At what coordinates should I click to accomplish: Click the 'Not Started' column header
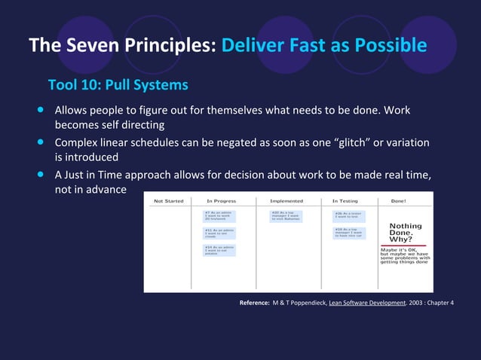(x=168, y=201)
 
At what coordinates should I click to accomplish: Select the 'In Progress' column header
(x=222, y=201)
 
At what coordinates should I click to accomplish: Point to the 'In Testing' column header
(x=346, y=201)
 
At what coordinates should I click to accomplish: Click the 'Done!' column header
(x=399, y=201)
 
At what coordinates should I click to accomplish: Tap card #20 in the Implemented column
(x=286, y=215)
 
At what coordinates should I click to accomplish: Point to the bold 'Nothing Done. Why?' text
(x=405, y=233)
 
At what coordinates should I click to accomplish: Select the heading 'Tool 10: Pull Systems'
(x=118, y=83)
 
